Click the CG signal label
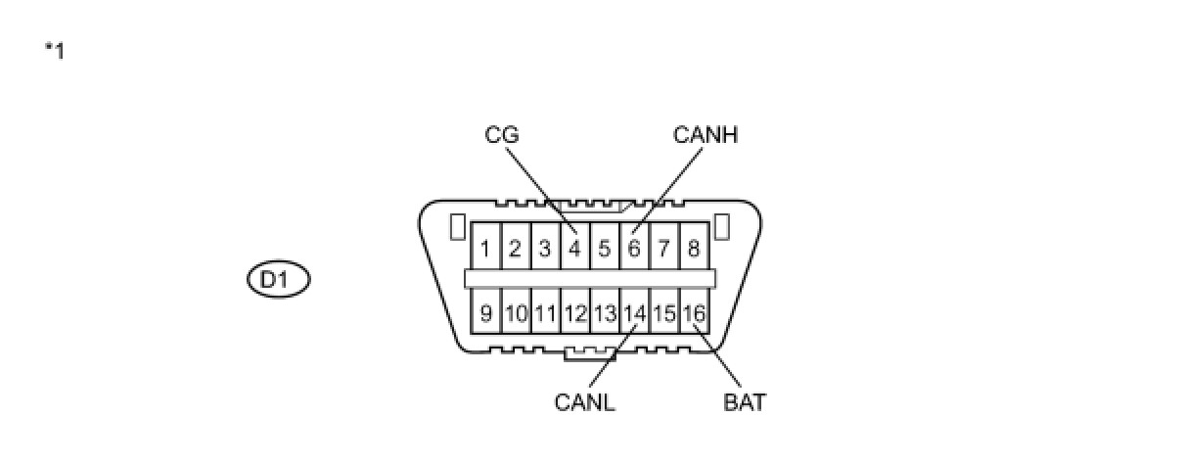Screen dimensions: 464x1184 tap(501, 135)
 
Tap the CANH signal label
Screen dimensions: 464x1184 tap(705, 135)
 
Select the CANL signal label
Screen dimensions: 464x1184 tap(584, 402)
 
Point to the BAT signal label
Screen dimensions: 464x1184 tap(745, 402)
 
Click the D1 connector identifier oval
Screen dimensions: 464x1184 tap(278, 280)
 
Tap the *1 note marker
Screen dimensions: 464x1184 tap(55, 51)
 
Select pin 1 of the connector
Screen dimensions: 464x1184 tap(485, 249)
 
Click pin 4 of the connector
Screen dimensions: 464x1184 tap(574, 249)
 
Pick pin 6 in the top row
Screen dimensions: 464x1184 tap(634, 249)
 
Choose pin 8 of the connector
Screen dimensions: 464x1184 tap(693, 249)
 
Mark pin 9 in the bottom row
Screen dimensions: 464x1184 tap(485, 314)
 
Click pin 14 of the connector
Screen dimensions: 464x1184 tap(634, 314)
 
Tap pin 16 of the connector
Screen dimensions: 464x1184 tap(694, 314)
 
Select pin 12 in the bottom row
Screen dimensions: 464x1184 tap(574, 314)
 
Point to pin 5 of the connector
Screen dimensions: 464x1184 tap(605, 249)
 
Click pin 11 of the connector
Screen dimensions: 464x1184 tap(545, 314)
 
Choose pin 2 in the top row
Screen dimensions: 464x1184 tap(515, 249)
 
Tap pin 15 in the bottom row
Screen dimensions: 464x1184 tap(664, 314)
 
